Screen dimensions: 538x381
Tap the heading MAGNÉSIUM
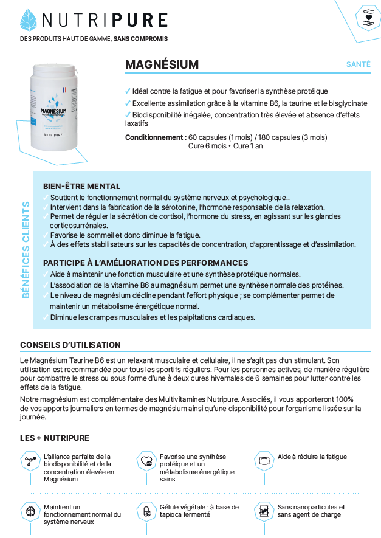pos(162,64)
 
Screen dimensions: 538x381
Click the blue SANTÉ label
pos(358,64)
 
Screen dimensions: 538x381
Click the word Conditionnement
pos(155,137)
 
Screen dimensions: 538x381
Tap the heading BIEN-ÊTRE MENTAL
pos(81,186)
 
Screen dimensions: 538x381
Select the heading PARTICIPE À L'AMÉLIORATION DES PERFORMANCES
pos(145,263)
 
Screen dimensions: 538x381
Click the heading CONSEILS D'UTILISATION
pos(70,345)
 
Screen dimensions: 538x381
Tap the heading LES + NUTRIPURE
pos(54,438)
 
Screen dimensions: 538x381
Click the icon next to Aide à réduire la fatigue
pos(264,460)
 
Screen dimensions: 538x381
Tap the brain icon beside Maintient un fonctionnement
pos(29,511)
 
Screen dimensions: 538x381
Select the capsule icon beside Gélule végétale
pos(146,511)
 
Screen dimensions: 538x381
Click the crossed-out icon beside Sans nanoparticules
pos(264,511)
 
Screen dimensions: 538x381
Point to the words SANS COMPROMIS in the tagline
pos(140,38)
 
